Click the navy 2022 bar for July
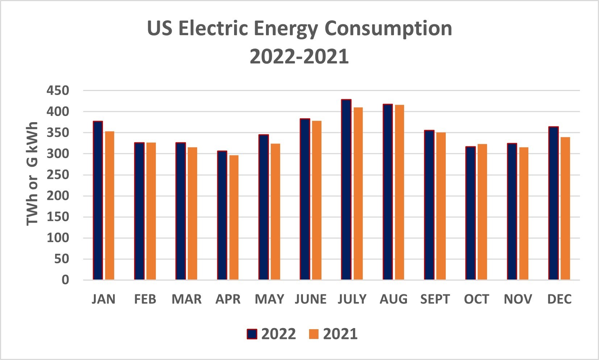(346, 190)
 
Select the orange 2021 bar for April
(234, 218)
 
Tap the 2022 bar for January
(98, 200)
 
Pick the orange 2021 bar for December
(565, 208)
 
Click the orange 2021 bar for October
(482, 212)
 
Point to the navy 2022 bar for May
(263, 207)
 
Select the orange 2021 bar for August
(399, 193)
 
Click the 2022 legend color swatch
(252, 334)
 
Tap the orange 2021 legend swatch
(314, 334)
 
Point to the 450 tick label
(58, 91)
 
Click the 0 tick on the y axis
(65, 280)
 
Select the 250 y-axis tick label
(58, 175)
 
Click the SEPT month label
(435, 299)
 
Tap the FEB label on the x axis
(145, 299)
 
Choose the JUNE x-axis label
(311, 299)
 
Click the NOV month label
(518, 299)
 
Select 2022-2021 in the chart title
(299, 57)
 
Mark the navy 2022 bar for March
(180, 211)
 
